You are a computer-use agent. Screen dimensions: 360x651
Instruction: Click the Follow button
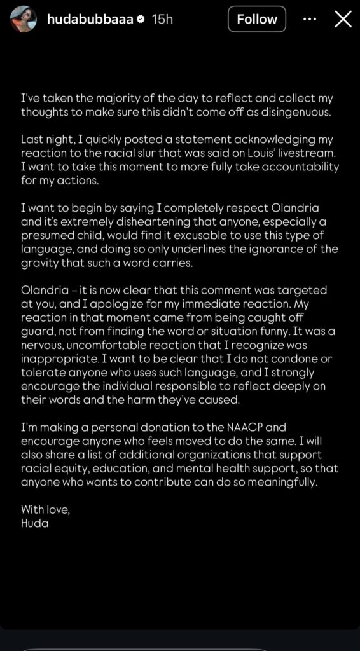[256, 19]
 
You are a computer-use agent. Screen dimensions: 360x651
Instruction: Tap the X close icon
[343, 19]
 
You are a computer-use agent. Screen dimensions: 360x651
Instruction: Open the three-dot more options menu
[310, 19]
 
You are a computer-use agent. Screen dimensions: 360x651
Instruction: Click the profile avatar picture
[24, 19]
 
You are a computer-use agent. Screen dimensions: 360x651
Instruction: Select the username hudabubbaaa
[90, 20]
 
